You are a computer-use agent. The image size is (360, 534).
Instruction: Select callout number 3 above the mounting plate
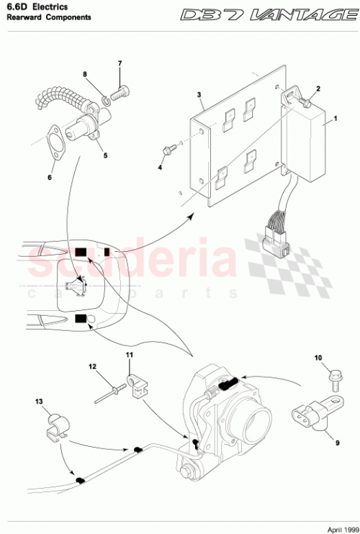(x=199, y=95)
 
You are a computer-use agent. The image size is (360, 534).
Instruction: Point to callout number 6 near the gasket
(x=50, y=176)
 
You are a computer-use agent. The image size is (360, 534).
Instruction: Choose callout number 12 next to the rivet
(x=92, y=366)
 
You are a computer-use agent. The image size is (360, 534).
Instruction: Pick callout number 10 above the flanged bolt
(x=318, y=358)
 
